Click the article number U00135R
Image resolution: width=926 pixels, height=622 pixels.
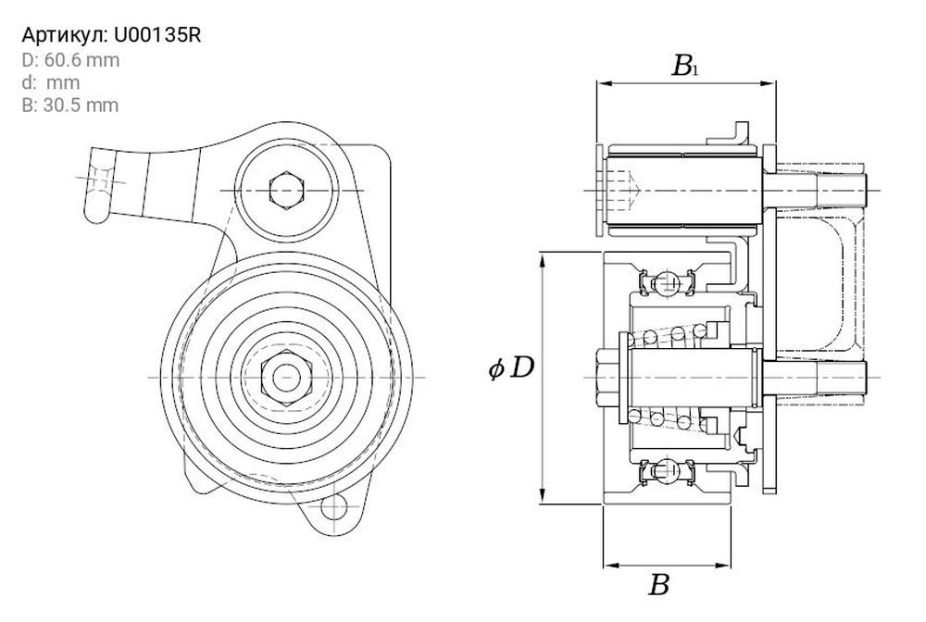(156, 36)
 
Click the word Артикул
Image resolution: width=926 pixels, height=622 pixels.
(63, 36)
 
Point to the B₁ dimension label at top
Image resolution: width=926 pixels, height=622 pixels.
(685, 66)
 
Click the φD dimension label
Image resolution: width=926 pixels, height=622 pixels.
(511, 368)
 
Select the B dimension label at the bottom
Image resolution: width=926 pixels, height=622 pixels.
(658, 585)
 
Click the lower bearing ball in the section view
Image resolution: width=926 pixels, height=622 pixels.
(665, 471)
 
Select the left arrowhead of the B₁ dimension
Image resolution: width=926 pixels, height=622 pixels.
(600, 83)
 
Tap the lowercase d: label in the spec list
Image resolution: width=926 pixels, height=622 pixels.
(29, 82)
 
